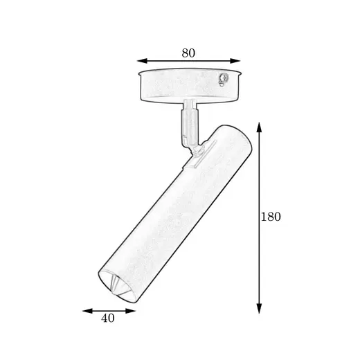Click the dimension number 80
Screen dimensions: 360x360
[x=188, y=53]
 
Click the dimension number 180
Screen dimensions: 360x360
[x=271, y=217]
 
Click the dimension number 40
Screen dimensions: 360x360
[x=108, y=318]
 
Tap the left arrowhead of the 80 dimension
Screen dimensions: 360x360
[x=142, y=61]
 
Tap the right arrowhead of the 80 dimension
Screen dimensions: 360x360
[x=235, y=61]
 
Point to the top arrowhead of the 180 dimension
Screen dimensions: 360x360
[x=259, y=127]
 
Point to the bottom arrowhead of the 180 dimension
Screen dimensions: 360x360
[x=259, y=309]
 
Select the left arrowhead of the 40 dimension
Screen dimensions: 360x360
[x=87, y=311]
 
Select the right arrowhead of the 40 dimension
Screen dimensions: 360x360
[x=130, y=311]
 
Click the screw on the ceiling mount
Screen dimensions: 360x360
[x=224, y=78]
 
